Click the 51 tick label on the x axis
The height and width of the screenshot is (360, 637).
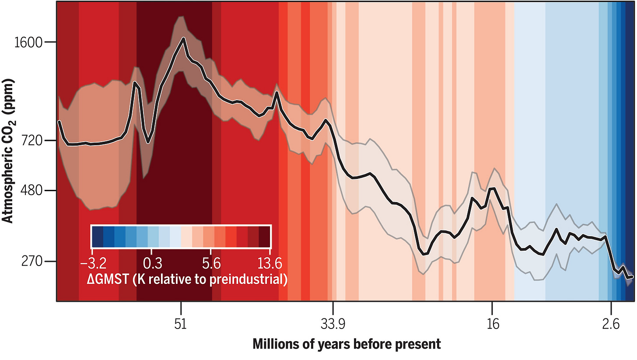181,325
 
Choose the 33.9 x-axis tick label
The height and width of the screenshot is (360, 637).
333,325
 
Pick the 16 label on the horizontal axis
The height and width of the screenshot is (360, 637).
492,325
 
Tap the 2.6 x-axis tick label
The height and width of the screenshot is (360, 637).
610,325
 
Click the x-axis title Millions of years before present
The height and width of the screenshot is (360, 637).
346,344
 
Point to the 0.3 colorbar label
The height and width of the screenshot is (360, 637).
151,264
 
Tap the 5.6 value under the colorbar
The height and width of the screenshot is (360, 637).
211,264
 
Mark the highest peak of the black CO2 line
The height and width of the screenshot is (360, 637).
183,38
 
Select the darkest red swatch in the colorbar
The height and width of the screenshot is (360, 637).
265,237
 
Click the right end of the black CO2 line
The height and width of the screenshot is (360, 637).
632,276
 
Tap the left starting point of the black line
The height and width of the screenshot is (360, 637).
59,122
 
